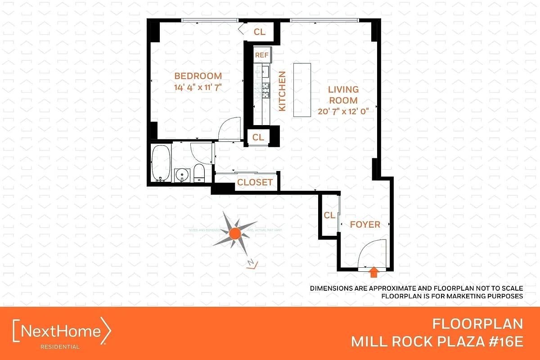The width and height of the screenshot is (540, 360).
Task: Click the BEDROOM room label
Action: tap(198, 76)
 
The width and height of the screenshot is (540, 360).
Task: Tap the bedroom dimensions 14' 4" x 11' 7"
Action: tap(198, 87)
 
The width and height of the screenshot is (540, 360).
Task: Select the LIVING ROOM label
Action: tap(343, 95)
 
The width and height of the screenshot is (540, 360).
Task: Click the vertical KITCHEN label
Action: tap(282, 91)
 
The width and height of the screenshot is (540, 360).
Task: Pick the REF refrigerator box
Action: tap(261, 55)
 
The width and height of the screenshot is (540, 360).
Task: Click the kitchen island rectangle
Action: tap(302, 90)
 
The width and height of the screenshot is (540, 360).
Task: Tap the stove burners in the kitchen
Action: tap(265, 91)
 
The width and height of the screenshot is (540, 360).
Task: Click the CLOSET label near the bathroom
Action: tap(255, 182)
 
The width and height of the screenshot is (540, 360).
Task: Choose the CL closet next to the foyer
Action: tap(329, 215)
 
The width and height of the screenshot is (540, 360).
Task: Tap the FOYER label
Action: tap(365, 224)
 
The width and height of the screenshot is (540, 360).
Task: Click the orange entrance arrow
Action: tap(373, 271)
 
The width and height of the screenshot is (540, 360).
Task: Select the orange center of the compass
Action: tap(234, 233)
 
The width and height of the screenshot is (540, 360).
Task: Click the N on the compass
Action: tap(251, 263)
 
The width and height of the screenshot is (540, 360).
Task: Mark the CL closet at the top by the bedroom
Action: tap(260, 31)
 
